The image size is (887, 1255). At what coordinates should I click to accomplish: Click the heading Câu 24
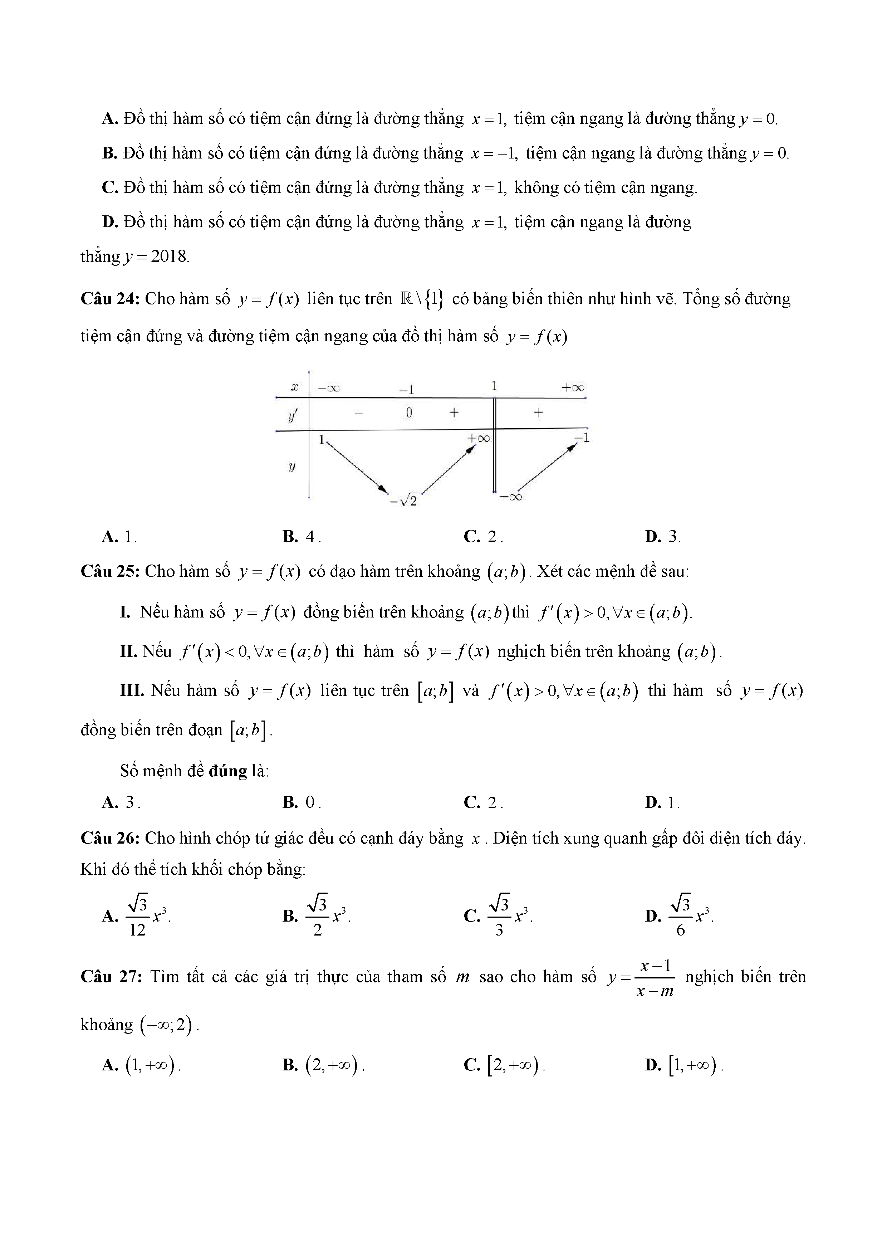(x=111, y=299)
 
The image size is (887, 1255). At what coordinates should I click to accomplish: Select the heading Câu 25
(x=111, y=571)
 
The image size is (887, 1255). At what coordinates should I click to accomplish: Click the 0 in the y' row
(x=409, y=413)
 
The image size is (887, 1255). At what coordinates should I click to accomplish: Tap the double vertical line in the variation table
(x=495, y=445)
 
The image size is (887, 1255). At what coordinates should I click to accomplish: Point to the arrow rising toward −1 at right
(x=547, y=467)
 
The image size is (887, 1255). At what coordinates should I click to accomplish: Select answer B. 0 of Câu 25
(x=302, y=802)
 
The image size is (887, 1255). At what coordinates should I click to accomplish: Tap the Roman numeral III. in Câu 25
(x=132, y=691)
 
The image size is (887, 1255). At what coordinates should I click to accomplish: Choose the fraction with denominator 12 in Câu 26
(x=138, y=915)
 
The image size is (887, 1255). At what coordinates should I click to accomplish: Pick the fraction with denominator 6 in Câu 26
(x=680, y=915)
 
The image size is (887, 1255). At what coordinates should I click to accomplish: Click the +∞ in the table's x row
(x=572, y=387)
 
